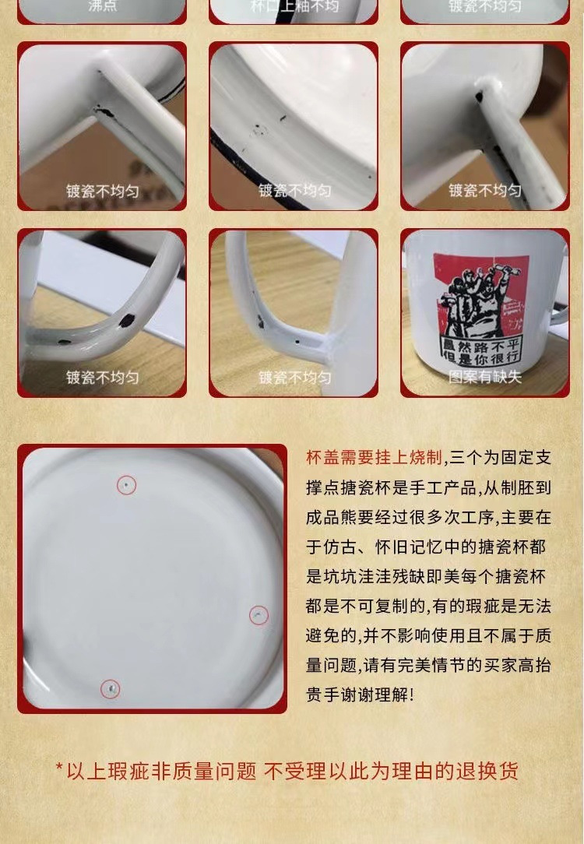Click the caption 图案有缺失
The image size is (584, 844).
[484, 377]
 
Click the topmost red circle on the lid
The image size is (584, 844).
[127, 486]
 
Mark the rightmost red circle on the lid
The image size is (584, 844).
[259, 615]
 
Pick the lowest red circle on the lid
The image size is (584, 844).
[111, 688]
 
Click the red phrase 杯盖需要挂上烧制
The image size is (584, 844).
[374, 458]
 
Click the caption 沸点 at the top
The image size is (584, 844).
[103, 6]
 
